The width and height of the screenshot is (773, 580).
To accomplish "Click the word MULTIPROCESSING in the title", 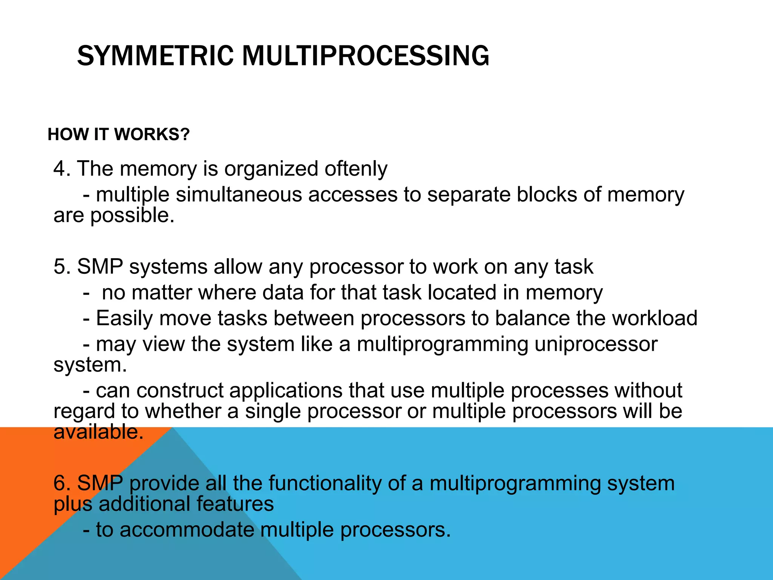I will click(x=365, y=56).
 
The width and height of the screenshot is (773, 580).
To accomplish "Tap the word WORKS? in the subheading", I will click(x=152, y=134).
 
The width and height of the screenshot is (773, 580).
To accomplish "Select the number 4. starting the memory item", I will click(x=62, y=168).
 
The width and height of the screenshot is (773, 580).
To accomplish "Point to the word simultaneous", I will click(x=239, y=195).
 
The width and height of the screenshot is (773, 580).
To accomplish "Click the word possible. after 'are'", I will click(x=132, y=216).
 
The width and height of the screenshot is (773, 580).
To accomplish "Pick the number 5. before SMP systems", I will click(x=62, y=267).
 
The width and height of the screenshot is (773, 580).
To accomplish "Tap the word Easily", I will click(x=125, y=318).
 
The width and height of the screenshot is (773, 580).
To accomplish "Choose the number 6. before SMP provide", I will click(x=62, y=483).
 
